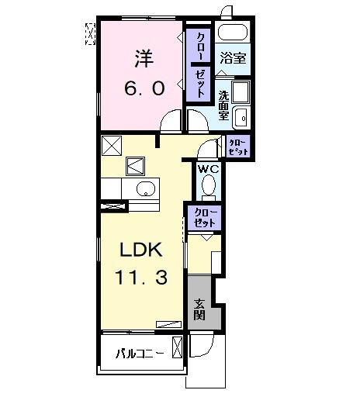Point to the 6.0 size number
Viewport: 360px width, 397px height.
pos(144,88)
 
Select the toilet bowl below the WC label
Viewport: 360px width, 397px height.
pos(207,186)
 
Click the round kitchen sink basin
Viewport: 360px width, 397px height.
pos(145,190)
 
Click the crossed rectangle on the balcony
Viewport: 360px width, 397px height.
pos(178,348)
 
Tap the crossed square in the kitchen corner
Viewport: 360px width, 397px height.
pos(111,144)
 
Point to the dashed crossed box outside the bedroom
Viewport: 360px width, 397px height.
pos(90,33)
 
